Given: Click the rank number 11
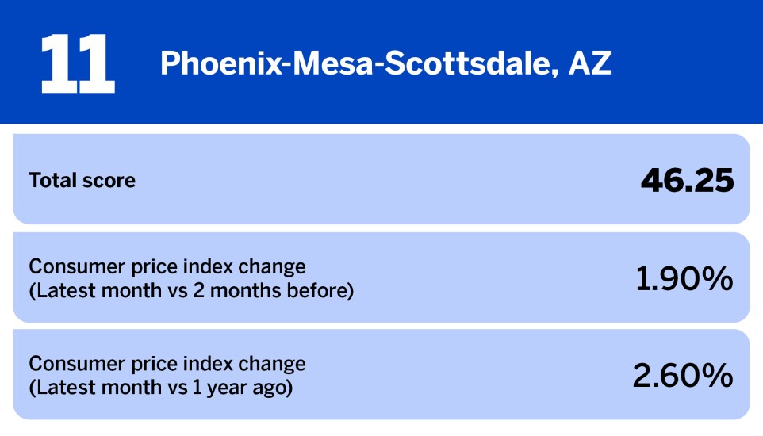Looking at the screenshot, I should coord(77,63).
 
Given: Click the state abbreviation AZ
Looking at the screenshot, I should coord(589,63).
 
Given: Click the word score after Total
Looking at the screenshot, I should coord(108,181).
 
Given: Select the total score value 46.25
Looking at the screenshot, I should coord(687,181).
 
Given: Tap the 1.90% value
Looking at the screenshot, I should coord(684,278).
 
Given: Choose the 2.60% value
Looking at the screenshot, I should coord(682,376).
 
